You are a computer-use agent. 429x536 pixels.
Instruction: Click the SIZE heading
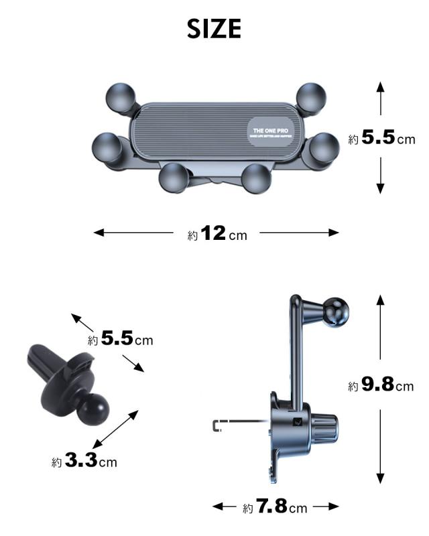214,29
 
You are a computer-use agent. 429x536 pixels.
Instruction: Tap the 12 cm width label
217,234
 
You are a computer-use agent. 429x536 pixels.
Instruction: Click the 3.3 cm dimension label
84,462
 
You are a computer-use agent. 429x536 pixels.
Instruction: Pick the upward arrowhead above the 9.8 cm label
380,299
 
